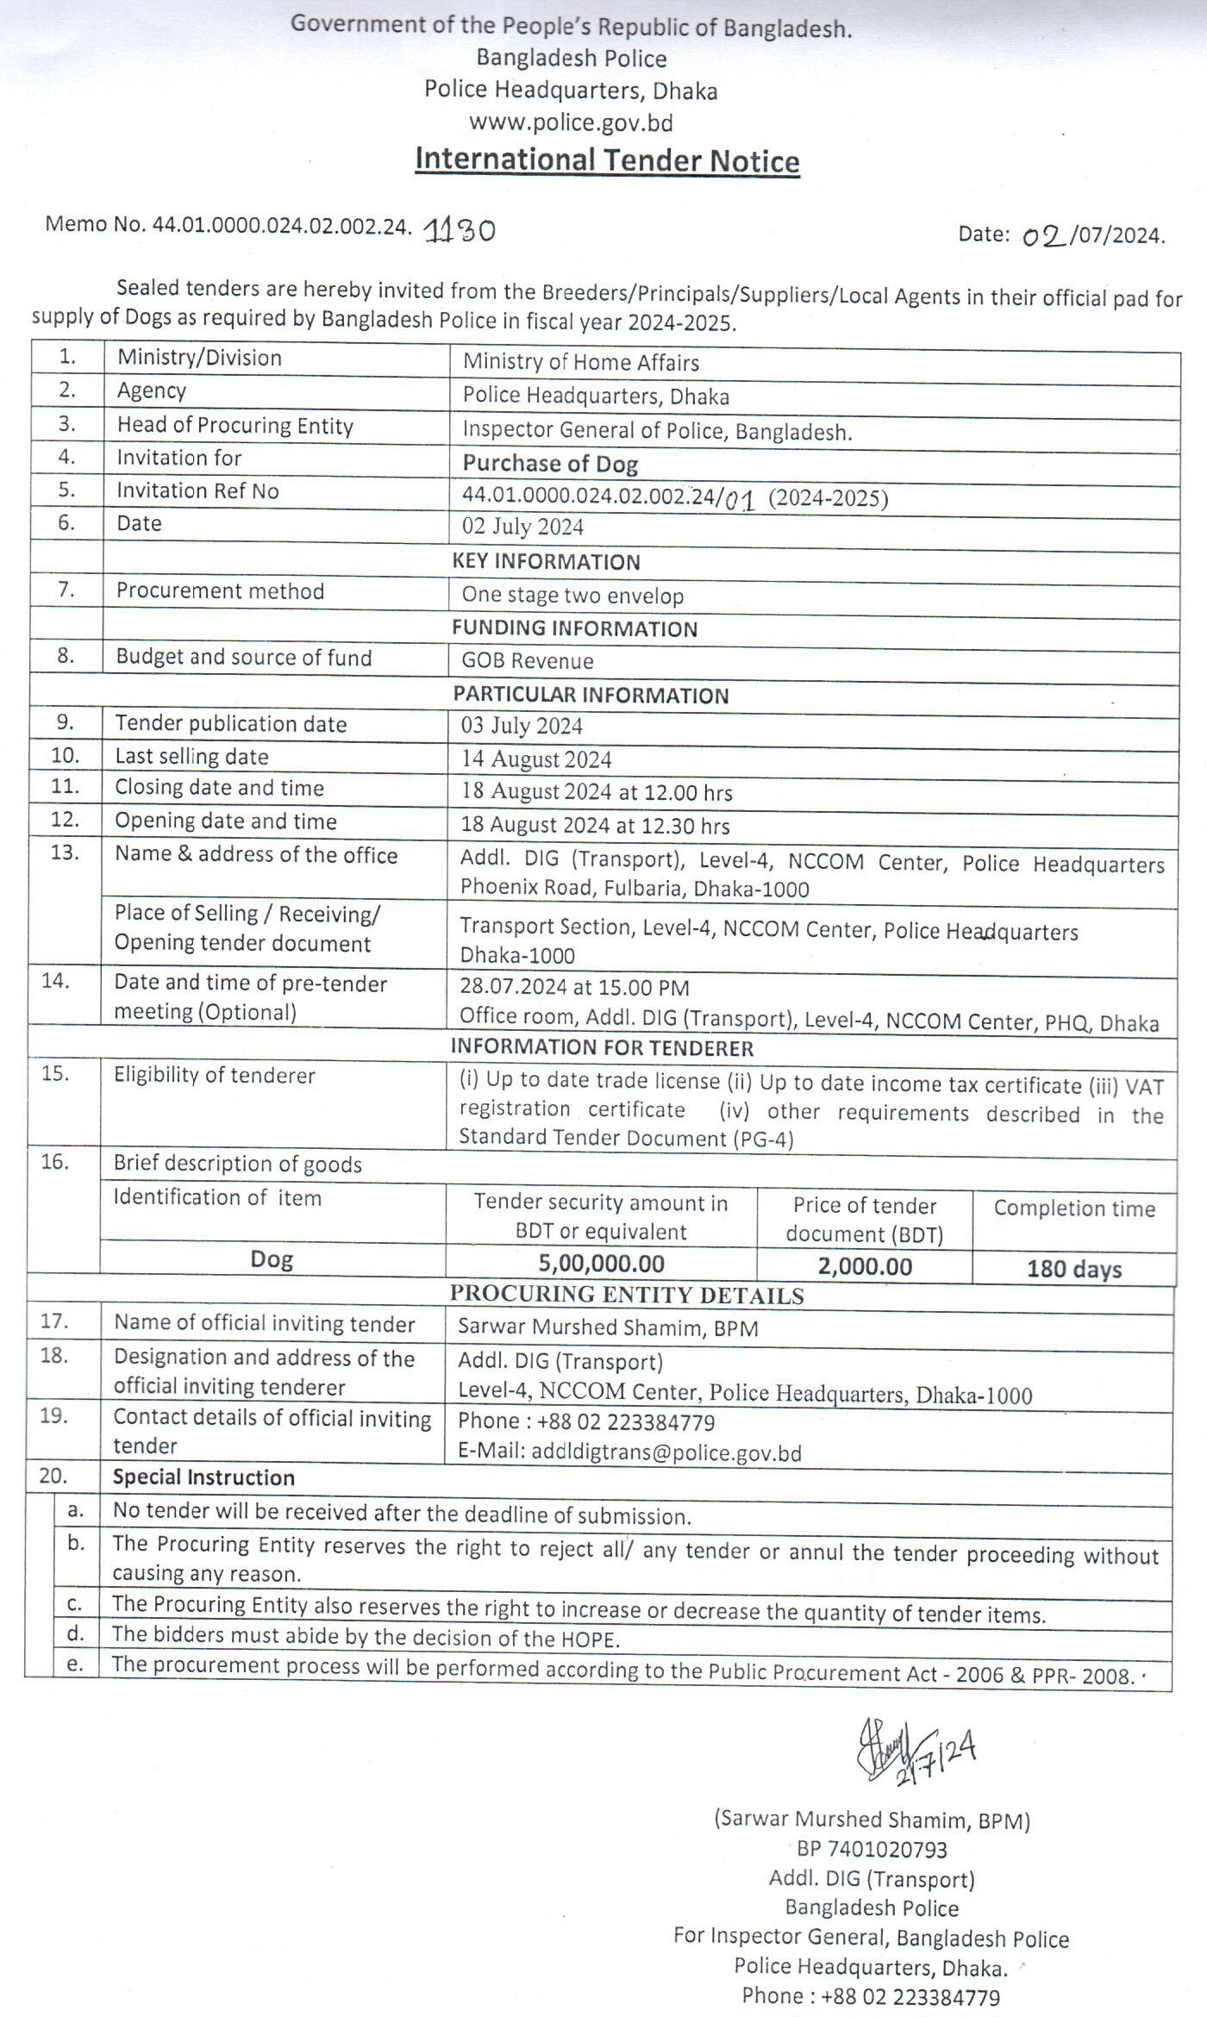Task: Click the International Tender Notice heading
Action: click(607, 160)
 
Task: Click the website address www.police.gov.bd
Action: click(571, 122)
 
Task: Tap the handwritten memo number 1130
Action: click(460, 230)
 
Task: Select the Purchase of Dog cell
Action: click(550, 464)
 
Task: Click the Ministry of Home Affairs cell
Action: click(580, 363)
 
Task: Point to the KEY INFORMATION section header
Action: click(546, 562)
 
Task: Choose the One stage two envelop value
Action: click(572, 596)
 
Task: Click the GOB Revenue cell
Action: click(528, 661)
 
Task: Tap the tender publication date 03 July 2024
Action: click(522, 726)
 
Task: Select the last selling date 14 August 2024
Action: click(535, 759)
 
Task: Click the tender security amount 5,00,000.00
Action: click(601, 1264)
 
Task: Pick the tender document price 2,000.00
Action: click(865, 1266)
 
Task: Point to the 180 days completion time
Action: click(1074, 1269)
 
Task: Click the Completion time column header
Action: click(1074, 1208)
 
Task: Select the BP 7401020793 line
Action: click(872, 1849)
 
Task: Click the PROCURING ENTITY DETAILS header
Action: click(627, 1296)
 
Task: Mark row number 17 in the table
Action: click(53, 1321)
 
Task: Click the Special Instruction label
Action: click(203, 1477)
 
